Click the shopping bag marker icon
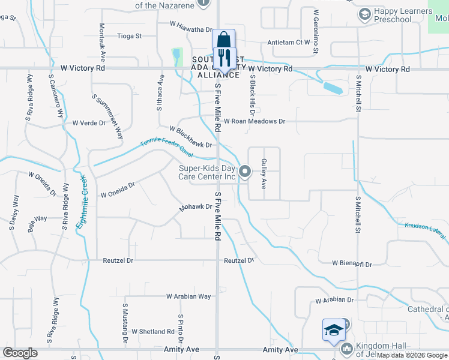point(223,40)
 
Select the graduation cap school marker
point(334,329)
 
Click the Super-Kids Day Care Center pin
point(245,172)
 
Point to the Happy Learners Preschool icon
point(364,14)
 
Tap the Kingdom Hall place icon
point(346,349)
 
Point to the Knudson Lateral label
point(425,232)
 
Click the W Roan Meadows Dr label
point(255,121)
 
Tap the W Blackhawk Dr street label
point(191,137)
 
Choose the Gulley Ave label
point(264,174)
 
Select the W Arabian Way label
point(189,296)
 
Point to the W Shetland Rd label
point(152,331)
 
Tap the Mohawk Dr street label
point(196,208)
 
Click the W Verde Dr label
point(89,123)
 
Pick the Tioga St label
point(129,36)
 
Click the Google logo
point(20,353)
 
